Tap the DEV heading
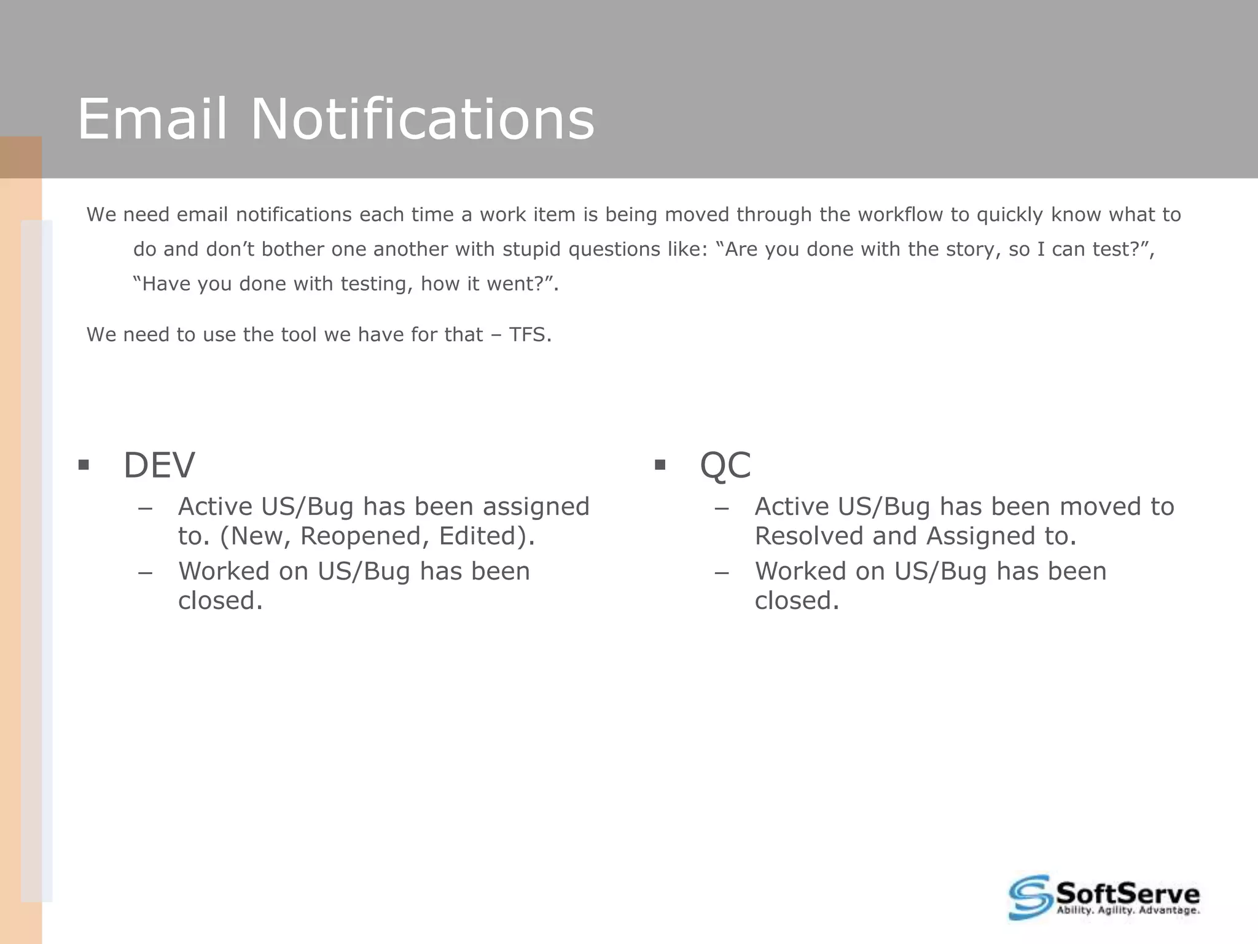(x=159, y=465)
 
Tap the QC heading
(x=725, y=465)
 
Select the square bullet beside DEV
(x=84, y=465)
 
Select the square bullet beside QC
(x=660, y=465)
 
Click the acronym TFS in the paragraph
(x=529, y=335)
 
